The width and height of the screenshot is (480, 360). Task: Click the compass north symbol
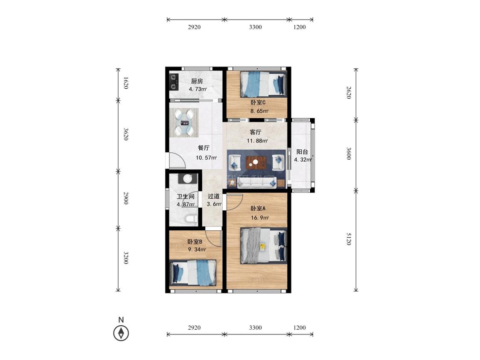(x=121, y=333)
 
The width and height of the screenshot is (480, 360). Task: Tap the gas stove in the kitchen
(x=174, y=82)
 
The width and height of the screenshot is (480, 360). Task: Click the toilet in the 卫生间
(x=191, y=220)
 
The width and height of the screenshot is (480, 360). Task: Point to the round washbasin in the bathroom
(x=188, y=178)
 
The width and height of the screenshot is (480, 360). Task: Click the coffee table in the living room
(x=256, y=163)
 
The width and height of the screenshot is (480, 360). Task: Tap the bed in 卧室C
(x=264, y=84)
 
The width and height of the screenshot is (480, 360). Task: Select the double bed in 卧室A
(x=264, y=246)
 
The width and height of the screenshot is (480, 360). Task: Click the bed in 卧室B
(x=193, y=272)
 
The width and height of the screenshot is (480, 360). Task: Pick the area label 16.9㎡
(x=259, y=218)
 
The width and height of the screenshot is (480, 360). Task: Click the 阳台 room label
(x=302, y=152)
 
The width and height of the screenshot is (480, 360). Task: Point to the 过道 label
(x=214, y=196)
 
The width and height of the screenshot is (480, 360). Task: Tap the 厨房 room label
(x=197, y=81)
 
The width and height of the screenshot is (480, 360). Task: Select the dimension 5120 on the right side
(x=349, y=239)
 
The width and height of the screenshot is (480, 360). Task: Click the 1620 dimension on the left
(x=125, y=83)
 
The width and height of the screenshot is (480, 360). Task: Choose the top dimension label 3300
(x=255, y=27)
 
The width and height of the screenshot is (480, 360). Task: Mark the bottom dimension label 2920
(x=194, y=328)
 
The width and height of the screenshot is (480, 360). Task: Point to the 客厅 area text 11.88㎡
(x=257, y=141)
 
